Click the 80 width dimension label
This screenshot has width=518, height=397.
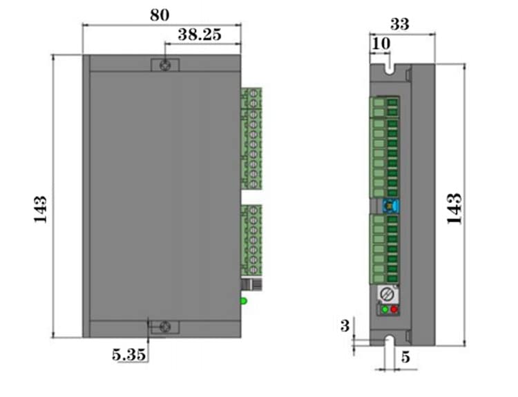coord(160,14)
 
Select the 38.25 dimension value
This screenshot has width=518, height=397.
coord(200,35)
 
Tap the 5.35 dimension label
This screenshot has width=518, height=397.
coord(129,355)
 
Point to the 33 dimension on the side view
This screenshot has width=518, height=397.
coord(400,23)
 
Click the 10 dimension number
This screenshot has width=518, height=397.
coord(381,44)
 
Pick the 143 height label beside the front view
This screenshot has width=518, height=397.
coord(39,209)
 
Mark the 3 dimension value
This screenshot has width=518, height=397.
coord(345,326)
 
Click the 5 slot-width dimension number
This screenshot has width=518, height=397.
coord(405,357)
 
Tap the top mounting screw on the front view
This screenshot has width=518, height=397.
coord(165,65)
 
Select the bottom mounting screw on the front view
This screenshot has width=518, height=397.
coord(165,327)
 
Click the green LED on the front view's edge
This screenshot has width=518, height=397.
coord(243,300)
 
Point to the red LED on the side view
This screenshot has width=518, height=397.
coord(394,309)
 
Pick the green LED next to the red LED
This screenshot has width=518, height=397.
coord(385,309)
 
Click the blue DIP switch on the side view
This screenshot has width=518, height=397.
coord(389,206)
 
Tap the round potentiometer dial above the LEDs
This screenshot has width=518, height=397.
coord(390,293)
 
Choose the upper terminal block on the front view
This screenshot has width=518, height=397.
coord(251,138)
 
